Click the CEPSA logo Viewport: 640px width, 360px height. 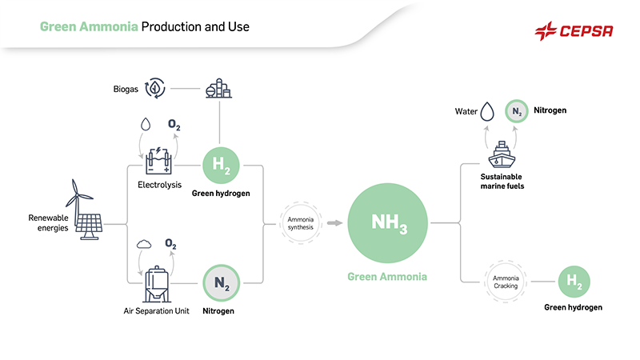pos(574,31)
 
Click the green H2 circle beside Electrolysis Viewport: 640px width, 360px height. pos(218,166)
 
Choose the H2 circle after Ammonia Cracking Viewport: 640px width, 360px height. pos(573,282)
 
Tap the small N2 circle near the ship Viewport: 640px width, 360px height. pos(518,110)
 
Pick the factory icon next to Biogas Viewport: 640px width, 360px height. pos(218,88)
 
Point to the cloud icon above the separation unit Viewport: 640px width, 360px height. pos(145,243)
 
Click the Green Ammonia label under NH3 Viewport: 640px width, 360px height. pos(387,277)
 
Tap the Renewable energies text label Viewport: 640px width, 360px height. pos(49,222)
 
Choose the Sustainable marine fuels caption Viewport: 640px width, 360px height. pos(502,181)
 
